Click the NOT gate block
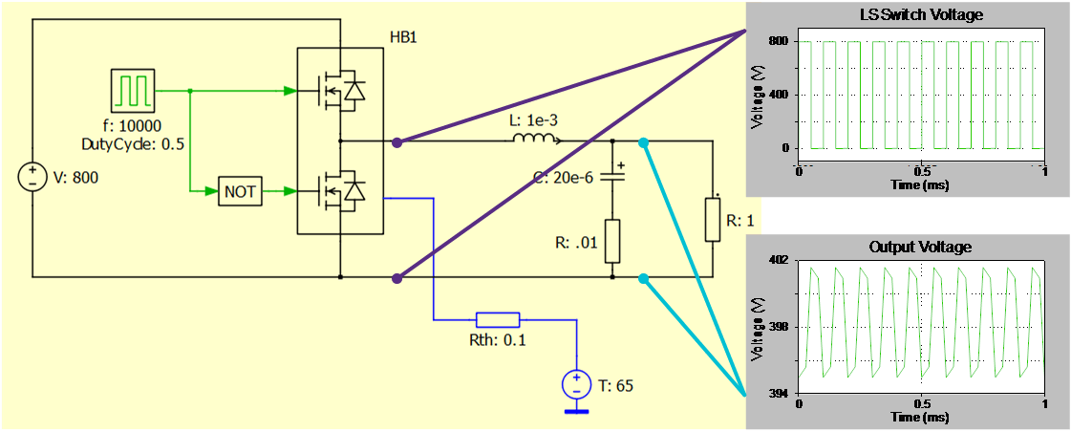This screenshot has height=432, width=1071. point(239,191)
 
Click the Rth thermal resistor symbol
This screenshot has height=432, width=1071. point(498,319)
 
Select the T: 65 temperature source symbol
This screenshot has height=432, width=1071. point(576,385)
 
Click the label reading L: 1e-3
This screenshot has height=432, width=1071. point(531,121)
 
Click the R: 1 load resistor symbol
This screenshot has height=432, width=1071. point(712,219)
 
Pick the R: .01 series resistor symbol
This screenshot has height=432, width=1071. point(612,241)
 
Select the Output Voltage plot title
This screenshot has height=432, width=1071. point(920,247)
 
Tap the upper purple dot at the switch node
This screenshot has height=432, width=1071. point(397,141)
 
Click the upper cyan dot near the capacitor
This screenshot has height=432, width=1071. point(644,142)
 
